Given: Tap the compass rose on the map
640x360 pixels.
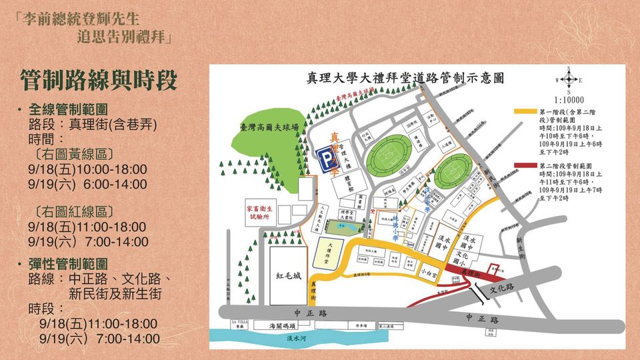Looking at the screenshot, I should tap(568, 81).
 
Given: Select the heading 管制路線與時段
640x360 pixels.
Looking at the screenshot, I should tap(99, 79).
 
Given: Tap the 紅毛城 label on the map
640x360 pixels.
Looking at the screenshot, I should tap(289, 275).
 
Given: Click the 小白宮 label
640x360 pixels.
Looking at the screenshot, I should tap(429, 273).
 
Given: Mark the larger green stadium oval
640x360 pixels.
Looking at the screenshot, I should tap(389, 155).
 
